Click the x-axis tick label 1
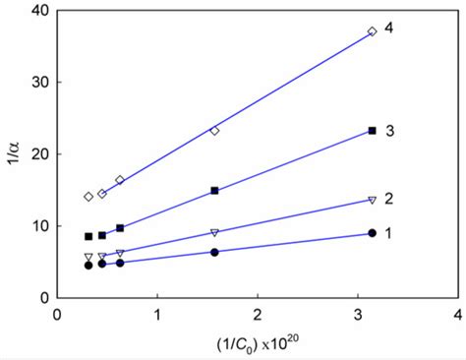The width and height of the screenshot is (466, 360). click(157, 314)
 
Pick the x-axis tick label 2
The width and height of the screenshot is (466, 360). click(258, 314)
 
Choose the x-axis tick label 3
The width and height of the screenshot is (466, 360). click(358, 314)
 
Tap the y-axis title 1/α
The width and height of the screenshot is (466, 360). click(14, 153)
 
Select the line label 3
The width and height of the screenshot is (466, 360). click(389, 131)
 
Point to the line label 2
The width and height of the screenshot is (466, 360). click(389, 199)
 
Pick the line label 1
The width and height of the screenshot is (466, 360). click(389, 232)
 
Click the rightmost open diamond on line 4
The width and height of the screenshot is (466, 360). click(372, 31)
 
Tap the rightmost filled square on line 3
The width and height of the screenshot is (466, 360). click(372, 131)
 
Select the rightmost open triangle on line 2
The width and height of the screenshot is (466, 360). click(372, 200)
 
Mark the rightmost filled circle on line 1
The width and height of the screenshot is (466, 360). click(372, 233)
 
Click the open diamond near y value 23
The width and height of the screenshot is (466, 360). click(214, 131)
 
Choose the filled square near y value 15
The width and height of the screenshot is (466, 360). click(214, 191)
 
